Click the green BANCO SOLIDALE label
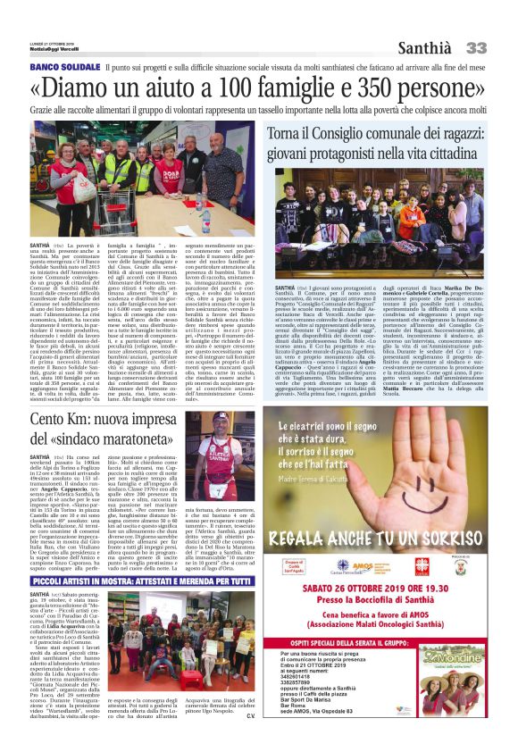64,67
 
